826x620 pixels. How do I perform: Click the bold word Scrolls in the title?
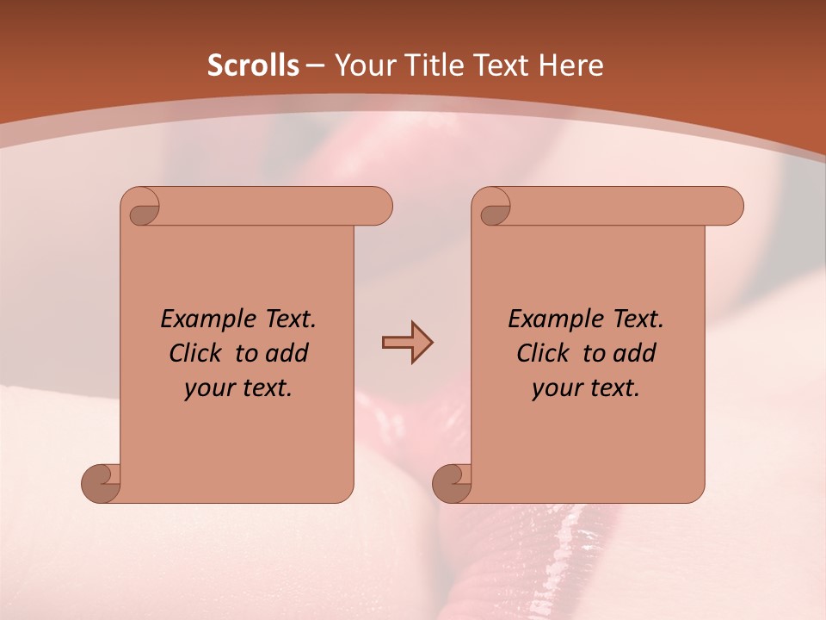253,65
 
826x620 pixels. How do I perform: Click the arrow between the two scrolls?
407,343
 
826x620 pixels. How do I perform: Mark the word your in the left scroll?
206,389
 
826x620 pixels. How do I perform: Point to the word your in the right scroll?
554,389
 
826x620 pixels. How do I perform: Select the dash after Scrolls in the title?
315,65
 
